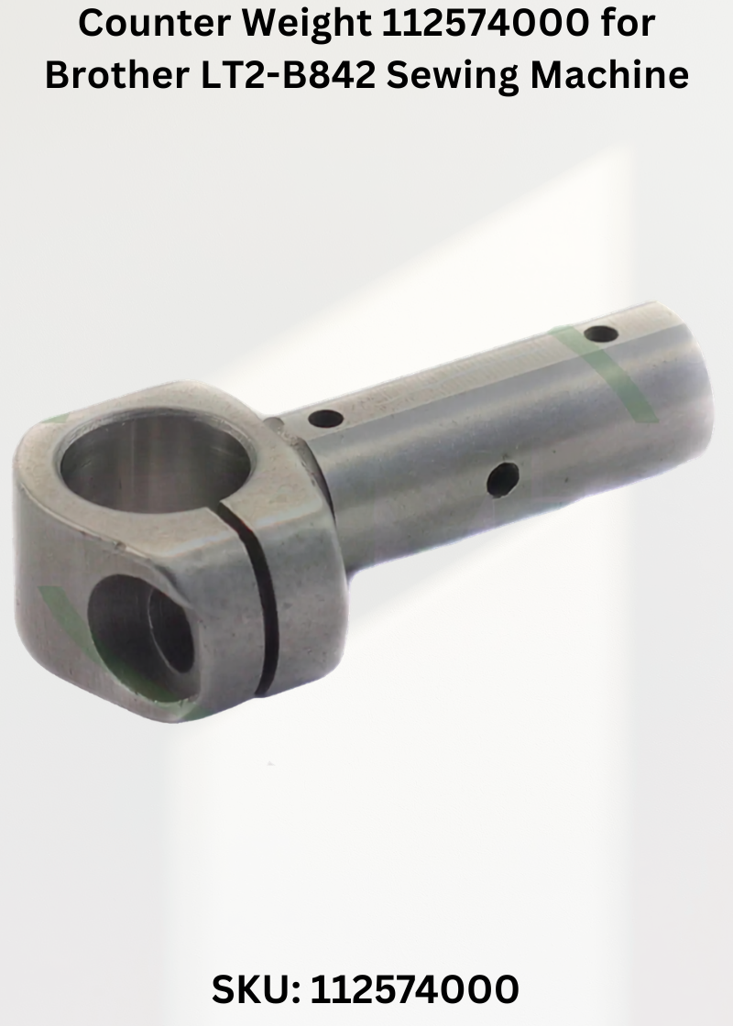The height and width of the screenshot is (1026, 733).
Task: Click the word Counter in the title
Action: click(154, 24)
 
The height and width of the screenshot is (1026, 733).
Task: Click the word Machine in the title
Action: click(609, 75)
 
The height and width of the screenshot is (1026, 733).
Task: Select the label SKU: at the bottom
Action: click(256, 989)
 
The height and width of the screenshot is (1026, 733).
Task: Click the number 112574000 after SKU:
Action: click(414, 989)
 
